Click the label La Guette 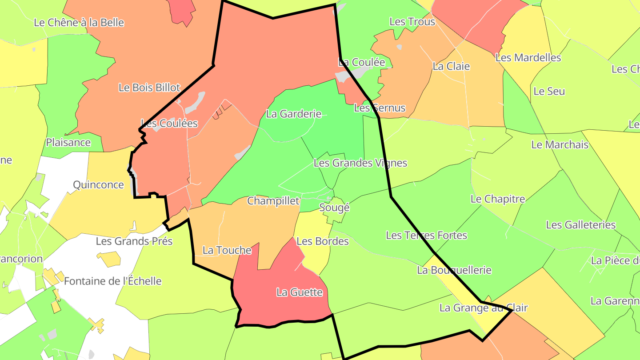(x=299, y=292)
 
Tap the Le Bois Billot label (x=149, y=88)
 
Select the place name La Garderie (x=293, y=114)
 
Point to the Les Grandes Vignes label (x=360, y=163)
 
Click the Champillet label (x=273, y=201)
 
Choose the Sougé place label (x=334, y=208)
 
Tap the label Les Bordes (x=322, y=241)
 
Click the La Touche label (x=227, y=250)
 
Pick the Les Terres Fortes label (x=426, y=235)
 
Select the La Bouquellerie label (x=454, y=270)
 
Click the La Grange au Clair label (x=483, y=308)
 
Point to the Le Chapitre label (x=497, y=199)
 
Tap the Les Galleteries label (x=580, y=225)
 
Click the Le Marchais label (x=560, y=145)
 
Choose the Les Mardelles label (x=528, y=58)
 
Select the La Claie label (x=451, y=67)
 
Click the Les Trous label (x=412, y=22)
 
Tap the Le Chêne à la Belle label (x=79, y=23)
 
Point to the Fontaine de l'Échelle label (x=112, y=281)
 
